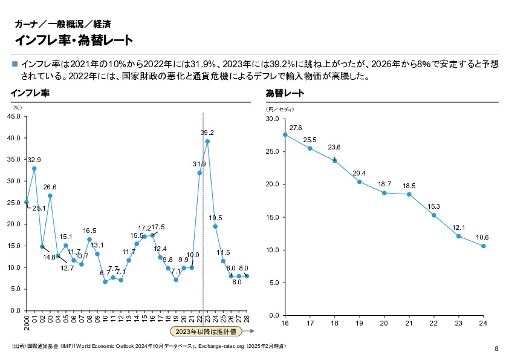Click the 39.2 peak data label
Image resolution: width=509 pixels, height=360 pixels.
(x=207, y=133)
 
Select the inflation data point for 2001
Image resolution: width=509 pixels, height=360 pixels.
(x=34, y=168)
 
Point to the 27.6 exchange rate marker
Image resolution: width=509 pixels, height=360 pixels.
(x=285, y=134)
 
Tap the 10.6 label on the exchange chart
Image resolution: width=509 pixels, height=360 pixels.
(x=482, y=237)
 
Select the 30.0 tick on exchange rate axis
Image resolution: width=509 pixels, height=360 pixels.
(x=271, y=119)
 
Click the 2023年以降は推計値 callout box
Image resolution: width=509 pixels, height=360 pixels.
(x=205, y=331)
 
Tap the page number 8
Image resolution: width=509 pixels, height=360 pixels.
(x=496, y=349)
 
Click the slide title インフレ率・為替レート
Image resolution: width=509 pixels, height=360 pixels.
(x=74, y=40)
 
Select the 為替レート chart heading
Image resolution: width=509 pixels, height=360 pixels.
(x=285, y=94)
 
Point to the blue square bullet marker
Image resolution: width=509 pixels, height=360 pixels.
(x=15, y=64)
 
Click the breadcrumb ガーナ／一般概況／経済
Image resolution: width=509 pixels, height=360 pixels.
(x=62, y=24)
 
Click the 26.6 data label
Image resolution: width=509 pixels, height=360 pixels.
(x=50, y=187)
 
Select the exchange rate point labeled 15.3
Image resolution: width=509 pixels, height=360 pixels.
(x=433, y=215)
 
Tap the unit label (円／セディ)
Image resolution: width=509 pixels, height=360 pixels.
(x=280, y=110)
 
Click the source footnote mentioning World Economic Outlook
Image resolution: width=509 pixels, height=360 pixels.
(x=148, y=346)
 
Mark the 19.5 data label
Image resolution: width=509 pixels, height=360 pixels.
(x=215, y=218)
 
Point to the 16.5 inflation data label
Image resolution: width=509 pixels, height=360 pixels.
(x=89, y=231)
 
